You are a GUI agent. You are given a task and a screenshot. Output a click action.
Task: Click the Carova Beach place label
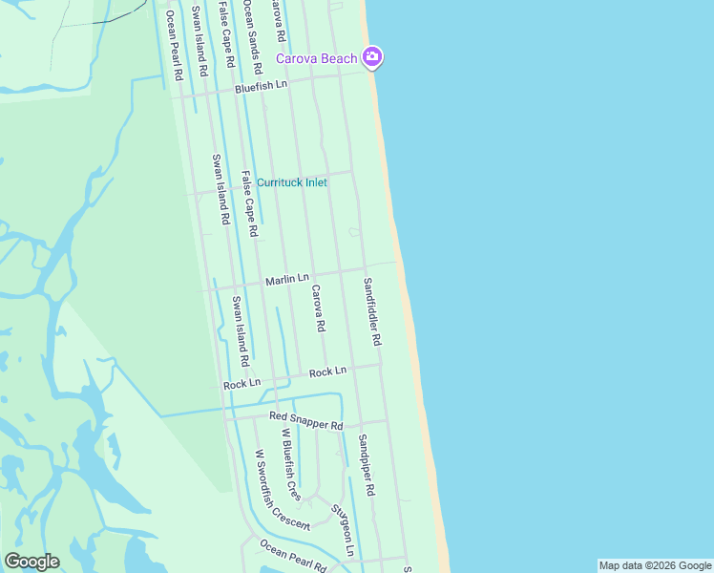coord(316,59)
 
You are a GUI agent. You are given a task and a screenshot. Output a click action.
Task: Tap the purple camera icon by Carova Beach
coord(372,58)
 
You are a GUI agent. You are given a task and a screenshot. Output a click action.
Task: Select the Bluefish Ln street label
coord(262,86)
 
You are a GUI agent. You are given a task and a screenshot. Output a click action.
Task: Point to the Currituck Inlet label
coord(292,182)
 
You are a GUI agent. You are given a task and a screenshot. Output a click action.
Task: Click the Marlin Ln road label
coord(287,280)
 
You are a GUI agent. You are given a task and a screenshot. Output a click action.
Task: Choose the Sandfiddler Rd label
coord(371,311)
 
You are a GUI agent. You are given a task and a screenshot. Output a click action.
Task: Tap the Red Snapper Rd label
coord(305,422)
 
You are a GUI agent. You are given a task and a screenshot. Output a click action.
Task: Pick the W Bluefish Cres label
coord(290,465)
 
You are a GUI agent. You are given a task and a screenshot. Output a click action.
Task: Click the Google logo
coord(31,562)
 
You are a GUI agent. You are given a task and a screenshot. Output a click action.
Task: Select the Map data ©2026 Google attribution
coord(655,565)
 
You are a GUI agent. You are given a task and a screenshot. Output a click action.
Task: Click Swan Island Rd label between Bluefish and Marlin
coord(221,189)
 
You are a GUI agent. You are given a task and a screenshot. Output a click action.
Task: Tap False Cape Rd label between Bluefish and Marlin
coord(249,203)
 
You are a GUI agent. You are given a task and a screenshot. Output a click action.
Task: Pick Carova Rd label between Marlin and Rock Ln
coord(319,308)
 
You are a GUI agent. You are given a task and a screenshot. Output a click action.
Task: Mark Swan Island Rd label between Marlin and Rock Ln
coord(239,331)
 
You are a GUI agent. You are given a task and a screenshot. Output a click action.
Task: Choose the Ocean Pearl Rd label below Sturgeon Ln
coord(293,555)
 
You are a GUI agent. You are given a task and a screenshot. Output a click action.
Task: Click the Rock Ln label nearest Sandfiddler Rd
coord(327,371)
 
